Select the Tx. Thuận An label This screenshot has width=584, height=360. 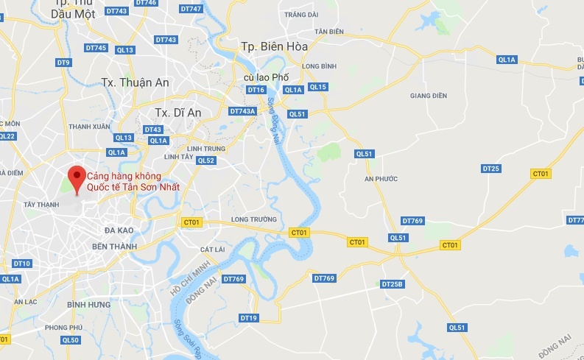[136, 82]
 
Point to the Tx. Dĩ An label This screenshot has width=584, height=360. [178, 112]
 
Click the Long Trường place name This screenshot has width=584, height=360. [253, 219]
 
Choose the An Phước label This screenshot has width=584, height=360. [381, 179]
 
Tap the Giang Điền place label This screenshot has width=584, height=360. [429, 95]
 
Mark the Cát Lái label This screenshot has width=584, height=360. [212, 250]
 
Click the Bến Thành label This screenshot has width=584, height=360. [112, 246]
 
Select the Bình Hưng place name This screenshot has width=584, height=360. [88, 304]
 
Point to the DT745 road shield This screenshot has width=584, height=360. [96, 48]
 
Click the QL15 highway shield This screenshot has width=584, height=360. [318, 87]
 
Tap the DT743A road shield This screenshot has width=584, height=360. [242, 111]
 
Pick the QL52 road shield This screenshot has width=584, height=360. [205, 160]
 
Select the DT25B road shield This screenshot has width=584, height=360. [393, 284]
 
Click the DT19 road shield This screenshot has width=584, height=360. [249, 318]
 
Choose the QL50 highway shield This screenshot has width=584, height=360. [71, 340]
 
